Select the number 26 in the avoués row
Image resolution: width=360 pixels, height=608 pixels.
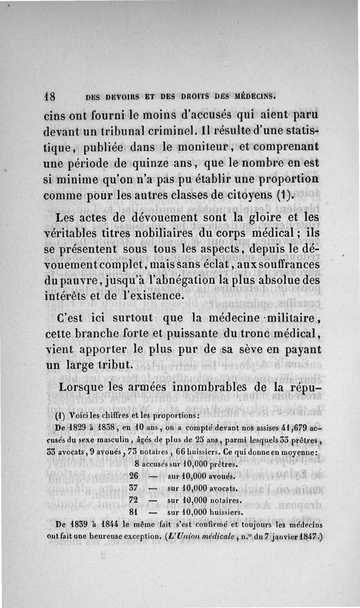pos(134,476)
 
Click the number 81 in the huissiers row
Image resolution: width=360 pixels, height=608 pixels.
pos(134,512)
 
